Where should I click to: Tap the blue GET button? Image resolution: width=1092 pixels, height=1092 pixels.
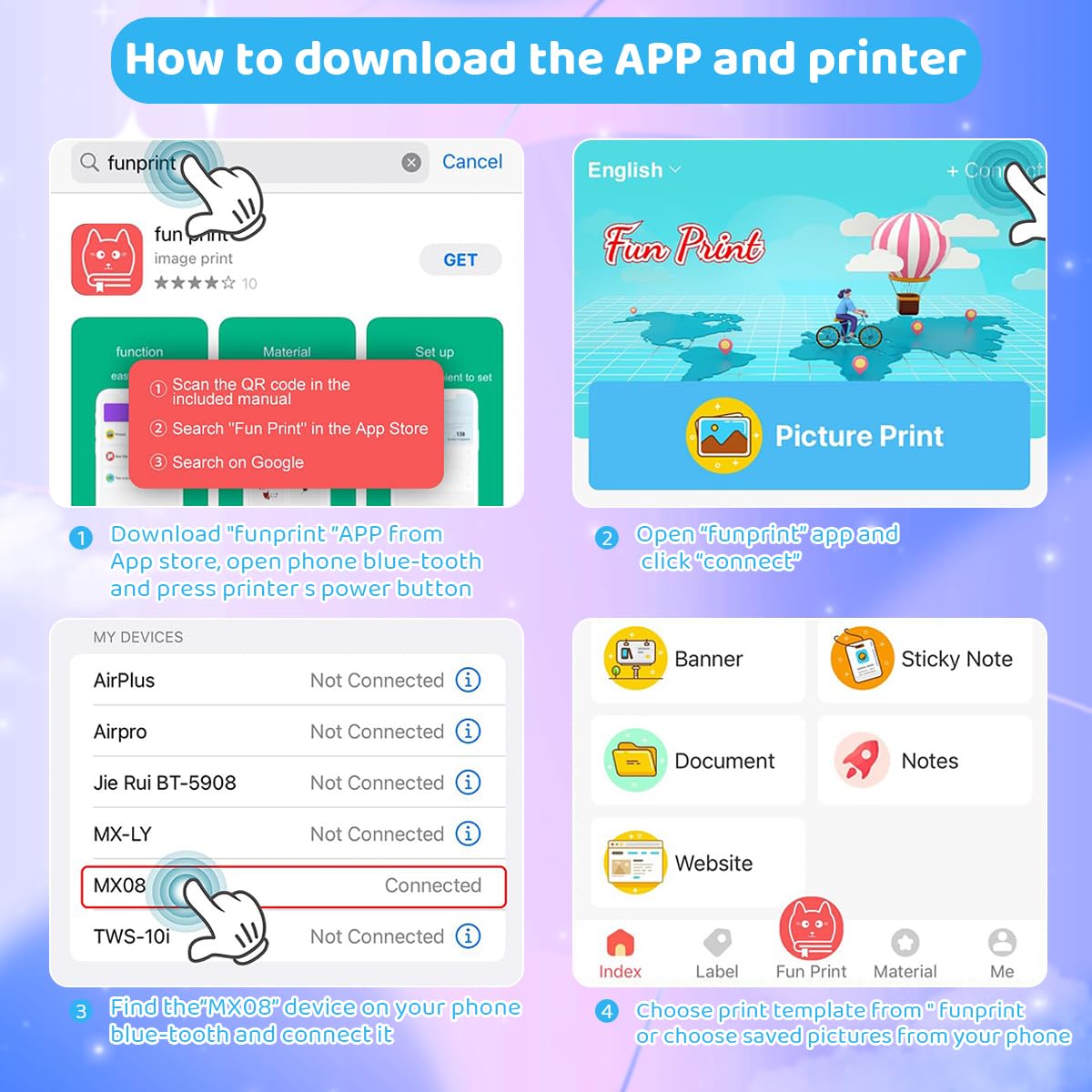click(460, 260)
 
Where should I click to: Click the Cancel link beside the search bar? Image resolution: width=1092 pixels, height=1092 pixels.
click(471, 162)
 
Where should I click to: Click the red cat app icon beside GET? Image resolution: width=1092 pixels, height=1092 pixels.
click(107, 259)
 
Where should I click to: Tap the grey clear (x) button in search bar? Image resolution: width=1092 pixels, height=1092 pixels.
click(411, 163)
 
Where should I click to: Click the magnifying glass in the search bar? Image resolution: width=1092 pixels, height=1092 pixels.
click(89, 163)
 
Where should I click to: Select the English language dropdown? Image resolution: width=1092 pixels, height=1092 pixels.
click(633, 170)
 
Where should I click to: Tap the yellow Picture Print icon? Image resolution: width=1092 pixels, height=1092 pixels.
click(723, 436)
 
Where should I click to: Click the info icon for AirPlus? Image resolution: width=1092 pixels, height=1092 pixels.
click(468, 680)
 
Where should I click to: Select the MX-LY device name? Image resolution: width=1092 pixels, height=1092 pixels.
click(123, 834)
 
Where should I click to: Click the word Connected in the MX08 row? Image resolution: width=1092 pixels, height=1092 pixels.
click(432, 885)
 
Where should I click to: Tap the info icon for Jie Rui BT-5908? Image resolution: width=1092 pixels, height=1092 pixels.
click(468, 782)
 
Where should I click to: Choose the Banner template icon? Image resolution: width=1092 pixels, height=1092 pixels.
click(635, 658)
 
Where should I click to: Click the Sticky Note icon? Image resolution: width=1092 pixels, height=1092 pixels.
click(862, 658)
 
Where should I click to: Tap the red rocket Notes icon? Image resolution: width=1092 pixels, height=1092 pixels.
click(861, 760)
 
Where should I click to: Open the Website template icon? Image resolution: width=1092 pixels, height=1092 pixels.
click(635, 862)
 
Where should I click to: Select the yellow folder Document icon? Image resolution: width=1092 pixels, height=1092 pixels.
click(635, 760)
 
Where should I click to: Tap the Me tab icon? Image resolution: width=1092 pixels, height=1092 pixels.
click(1002, 943)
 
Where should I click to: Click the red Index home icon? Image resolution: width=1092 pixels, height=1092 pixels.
click(620, 943)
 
